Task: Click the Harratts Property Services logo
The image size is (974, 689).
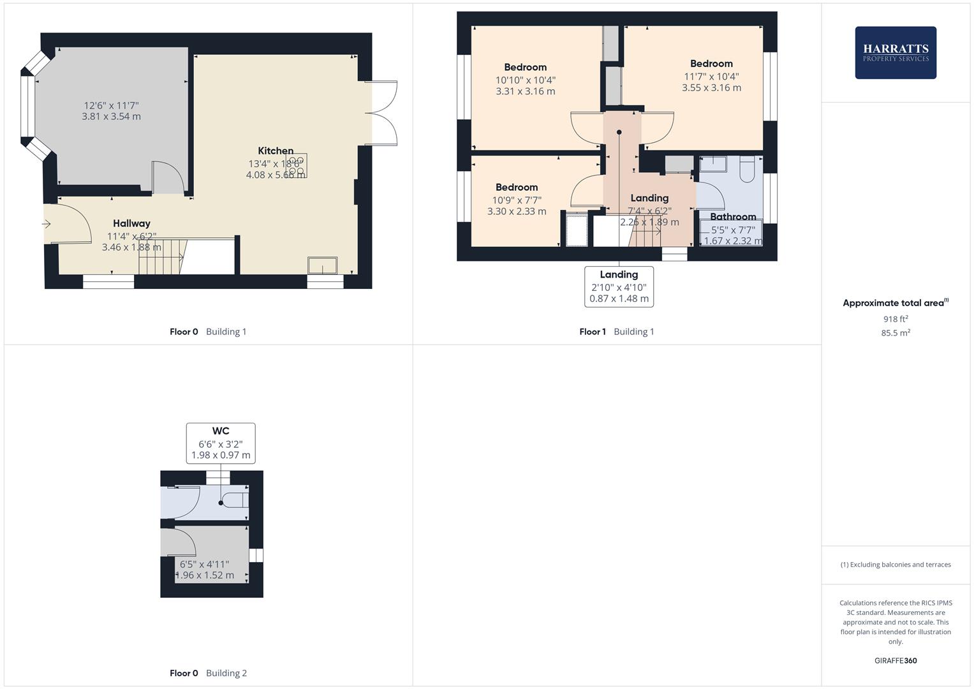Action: (x=895, y=53)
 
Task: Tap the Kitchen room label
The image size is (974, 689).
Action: (x=276, y=151)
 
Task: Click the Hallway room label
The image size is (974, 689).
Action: (x=131, y=223)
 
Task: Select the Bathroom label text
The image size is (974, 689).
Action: (x=733, y=217)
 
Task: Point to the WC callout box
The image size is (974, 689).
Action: (x=221, y=443)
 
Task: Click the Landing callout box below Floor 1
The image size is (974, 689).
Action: (x=619, y=286)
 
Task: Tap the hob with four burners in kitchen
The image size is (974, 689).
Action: (x=297, y=165)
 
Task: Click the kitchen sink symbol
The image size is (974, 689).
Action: (x=323, y=265)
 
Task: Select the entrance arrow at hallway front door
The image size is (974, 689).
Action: (x=47, y=224)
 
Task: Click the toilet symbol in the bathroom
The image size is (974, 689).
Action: (x=747, y=168)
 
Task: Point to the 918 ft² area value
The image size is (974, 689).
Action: (x=896, y=319)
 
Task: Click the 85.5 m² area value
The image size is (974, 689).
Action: (x=896, y=333)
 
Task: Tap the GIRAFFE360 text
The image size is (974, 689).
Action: (x=896, y=660)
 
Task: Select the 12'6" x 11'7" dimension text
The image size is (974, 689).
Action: (x=111, y=106)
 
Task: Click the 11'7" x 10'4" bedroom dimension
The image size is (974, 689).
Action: (x=711, y=77)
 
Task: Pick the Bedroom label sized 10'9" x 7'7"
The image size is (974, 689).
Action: (x=517, y=188)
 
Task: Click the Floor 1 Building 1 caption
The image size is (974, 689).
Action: (x=616, y=332)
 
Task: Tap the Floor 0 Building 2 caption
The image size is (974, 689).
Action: (x=208, y=673)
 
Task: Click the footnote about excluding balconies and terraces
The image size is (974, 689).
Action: (x=896, y=565)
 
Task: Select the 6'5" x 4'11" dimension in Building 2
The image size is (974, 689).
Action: (x=204, y=564)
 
